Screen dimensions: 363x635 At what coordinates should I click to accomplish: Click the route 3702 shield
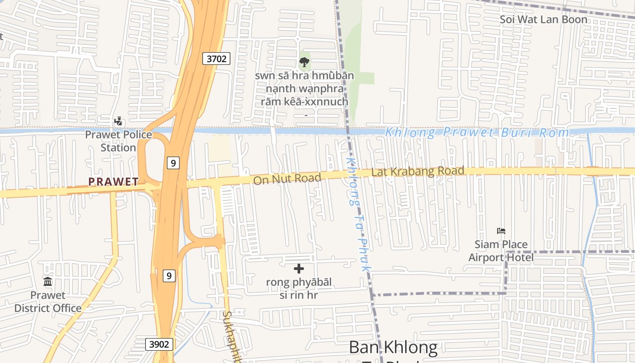(216, 58)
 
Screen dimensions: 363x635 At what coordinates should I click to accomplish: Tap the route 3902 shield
(160, 344)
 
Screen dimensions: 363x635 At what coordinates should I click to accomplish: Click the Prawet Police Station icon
(118, 121)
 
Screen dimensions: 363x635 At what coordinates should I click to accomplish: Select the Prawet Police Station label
(118, 141)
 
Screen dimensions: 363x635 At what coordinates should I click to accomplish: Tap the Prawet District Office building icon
(48, 282)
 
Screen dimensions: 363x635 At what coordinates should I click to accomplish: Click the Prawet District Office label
(48, 302)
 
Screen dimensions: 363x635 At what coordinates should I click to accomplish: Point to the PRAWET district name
(113, 182)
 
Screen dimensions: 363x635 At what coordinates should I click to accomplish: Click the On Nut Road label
(287, 178)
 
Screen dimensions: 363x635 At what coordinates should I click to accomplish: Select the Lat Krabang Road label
(417, 172)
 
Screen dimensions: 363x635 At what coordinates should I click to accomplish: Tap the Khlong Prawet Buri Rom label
(476, 132)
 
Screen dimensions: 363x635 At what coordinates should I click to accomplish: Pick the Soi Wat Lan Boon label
(543, 20)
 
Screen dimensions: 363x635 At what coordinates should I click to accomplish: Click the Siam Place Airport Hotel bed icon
(501, 231)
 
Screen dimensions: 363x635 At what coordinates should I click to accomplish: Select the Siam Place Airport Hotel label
(501, 251)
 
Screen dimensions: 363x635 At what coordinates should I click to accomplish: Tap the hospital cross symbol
(298, 269)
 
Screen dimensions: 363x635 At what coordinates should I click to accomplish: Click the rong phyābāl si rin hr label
(298, 289)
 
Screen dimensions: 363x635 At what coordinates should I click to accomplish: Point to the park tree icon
(304, 62)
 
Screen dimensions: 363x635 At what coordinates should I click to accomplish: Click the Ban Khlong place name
(393, 347)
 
